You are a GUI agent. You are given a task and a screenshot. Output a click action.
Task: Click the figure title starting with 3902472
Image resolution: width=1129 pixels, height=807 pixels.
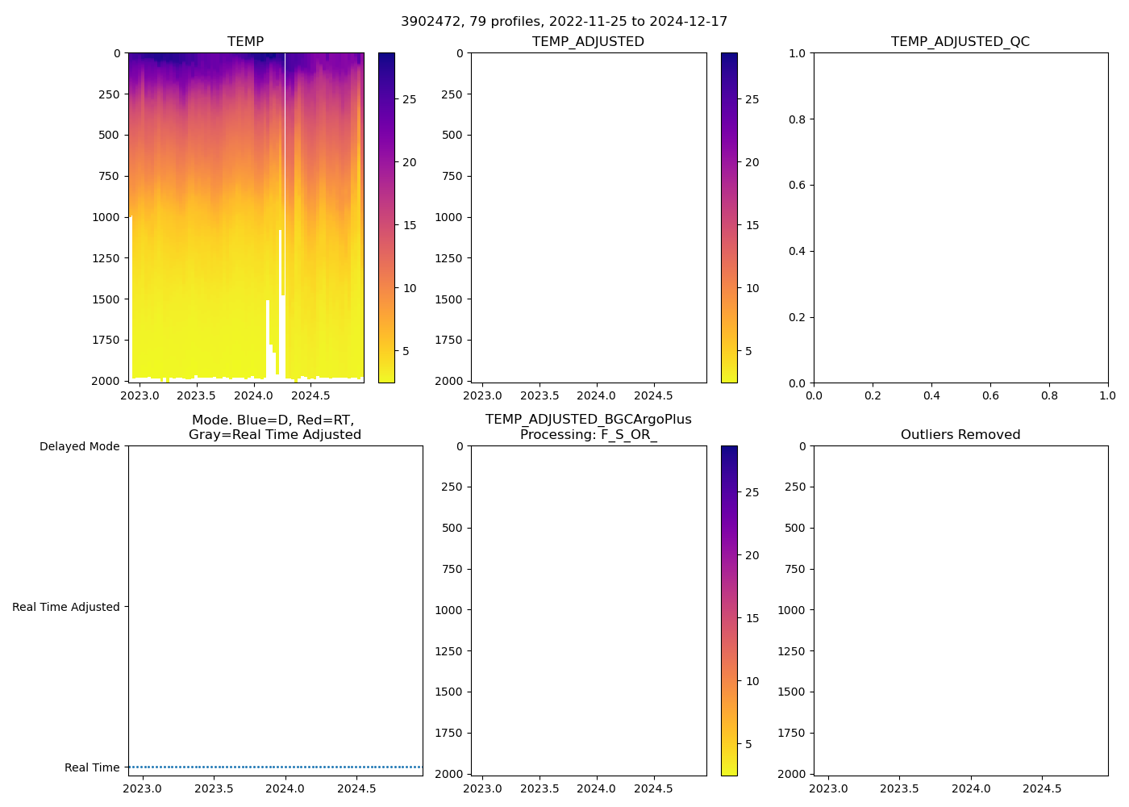pos(564,22)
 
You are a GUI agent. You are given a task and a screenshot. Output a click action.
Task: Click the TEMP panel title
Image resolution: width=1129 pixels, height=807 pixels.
pos(245,42)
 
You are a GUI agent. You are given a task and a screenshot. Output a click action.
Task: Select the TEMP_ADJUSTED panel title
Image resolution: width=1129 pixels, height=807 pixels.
pos(588,42)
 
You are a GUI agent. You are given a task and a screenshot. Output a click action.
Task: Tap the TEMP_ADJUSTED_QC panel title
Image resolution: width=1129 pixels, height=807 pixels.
pos(960,42)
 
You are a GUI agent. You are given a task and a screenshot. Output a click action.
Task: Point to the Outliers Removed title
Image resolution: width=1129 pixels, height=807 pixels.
pos(960,435)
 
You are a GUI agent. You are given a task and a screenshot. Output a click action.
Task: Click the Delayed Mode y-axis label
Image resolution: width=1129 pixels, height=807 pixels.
pos(79,446)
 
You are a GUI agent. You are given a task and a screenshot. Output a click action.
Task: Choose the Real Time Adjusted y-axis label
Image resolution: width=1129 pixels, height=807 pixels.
pos(65,607)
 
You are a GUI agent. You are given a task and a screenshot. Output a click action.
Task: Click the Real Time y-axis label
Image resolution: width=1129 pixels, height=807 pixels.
pos(92,767)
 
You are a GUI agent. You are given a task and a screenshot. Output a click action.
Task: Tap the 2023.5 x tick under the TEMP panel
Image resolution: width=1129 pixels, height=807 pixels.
pos(197,395)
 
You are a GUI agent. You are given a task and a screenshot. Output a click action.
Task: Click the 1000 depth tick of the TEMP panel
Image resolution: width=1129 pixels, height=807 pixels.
pos(106,217)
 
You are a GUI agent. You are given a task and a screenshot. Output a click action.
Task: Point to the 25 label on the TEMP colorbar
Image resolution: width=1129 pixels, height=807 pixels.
pos(410,99)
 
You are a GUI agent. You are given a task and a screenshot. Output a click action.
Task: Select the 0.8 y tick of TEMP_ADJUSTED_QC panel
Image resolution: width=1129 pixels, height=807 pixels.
pos(797,119)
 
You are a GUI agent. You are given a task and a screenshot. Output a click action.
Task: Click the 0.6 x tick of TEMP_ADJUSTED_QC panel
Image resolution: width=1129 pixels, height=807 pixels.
pos(990,395)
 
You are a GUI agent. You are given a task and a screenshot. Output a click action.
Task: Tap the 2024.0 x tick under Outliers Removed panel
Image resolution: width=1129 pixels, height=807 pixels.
pos(971,788)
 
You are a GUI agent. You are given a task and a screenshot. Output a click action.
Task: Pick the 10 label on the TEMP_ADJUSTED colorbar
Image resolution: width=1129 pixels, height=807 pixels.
pos(752,288)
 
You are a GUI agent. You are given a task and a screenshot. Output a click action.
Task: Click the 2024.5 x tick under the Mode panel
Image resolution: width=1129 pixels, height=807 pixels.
pos(356,788)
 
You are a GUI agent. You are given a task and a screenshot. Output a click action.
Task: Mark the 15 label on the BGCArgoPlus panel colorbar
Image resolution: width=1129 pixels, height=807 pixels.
pos(752,618)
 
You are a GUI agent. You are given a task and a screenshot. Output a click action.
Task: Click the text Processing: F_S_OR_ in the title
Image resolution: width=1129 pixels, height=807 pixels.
pos(588,435)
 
